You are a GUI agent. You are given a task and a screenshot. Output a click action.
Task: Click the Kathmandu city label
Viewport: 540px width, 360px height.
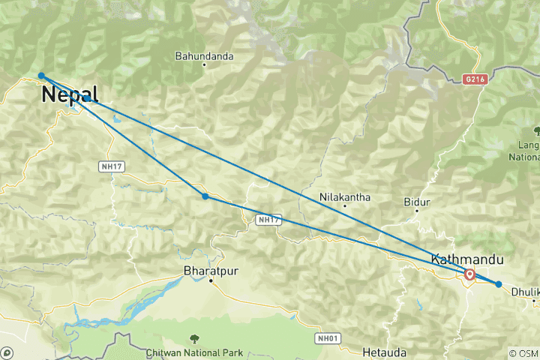click(x=466, y=259)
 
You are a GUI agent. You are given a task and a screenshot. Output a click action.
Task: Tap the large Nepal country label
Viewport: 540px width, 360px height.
click(x=70, y=94)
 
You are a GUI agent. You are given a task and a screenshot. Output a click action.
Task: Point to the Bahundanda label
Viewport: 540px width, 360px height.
click(x=204, y=56)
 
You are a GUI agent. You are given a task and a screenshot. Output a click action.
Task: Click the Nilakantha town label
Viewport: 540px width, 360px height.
click(x=345, y=197)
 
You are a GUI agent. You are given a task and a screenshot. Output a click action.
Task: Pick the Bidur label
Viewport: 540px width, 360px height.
click(x=416, y=202)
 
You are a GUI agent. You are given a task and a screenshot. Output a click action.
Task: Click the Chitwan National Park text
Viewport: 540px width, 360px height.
click(x=195, y=352)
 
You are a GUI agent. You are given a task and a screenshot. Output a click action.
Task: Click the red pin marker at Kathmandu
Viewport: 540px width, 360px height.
click(x=469, y=274)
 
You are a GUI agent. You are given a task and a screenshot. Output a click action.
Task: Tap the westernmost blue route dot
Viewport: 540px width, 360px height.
click(x=41, y=76)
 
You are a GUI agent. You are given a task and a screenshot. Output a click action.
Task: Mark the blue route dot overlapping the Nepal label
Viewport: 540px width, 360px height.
click(x=87, y=98)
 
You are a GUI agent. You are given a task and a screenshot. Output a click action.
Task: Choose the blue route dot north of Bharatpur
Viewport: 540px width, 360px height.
click(x=205, y=196)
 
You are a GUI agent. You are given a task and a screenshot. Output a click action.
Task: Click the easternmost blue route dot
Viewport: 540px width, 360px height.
click(x=498, y=283)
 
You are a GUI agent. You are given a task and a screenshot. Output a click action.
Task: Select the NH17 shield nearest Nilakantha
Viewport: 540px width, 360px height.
click(x=268, y=220)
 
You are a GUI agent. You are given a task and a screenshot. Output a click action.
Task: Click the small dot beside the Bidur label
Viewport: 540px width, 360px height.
click(x=417, y=212)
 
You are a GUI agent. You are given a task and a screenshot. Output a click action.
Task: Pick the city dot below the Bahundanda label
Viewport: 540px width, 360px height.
click(x=204, y=65)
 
